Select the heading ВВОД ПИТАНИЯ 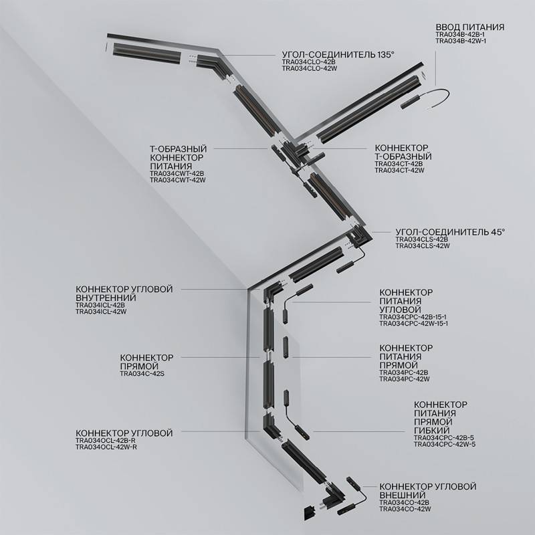[x=469, y=27]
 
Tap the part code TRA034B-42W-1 [x=461, y=41]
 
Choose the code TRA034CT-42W [x=399, y=171]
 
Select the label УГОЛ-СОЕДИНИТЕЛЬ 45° [x=450, y=231]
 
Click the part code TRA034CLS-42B [x=421, y=239]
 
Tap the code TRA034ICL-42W [x=101, y=312]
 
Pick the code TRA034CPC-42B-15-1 [x=413, y=316]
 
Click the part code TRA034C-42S [x=142, y=374]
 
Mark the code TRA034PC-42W [x=403, y=379]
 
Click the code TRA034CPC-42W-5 [x=445, y=444]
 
